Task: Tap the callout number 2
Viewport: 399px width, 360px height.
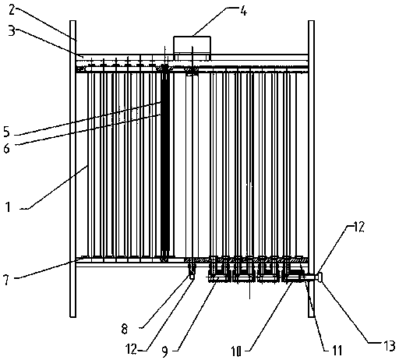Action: pyautogui.click(x=12, y=10)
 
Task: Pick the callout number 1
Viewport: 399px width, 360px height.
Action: pyautogui.click(x=9, y=207)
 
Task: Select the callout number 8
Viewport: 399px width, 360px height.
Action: pyautogui.click(x=125, y=330)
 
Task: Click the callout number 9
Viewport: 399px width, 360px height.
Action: pyautogui.click(x=165, y=351)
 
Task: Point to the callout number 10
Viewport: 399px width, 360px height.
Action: pyautogui.click(x=237, y=351)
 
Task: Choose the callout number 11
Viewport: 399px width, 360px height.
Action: pyautogui.click(x=337, y=350)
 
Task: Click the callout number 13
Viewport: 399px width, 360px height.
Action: pyautogui.click(x=390, y=346)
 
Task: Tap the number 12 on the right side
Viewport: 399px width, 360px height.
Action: pyautogui.click(x=358, y=227)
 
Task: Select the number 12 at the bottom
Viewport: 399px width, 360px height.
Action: pyautogui.click(x=131, y=349)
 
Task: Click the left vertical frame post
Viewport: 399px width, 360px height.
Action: pyautogui.click(x=73, y=169)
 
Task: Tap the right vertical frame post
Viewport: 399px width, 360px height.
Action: pyautogui.click(x=311, y=169)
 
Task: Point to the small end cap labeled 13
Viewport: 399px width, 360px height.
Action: pyautogui.click(x=320, y=277)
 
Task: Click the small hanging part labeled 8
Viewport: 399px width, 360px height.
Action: pyautogui.click(x=192, y=271)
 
